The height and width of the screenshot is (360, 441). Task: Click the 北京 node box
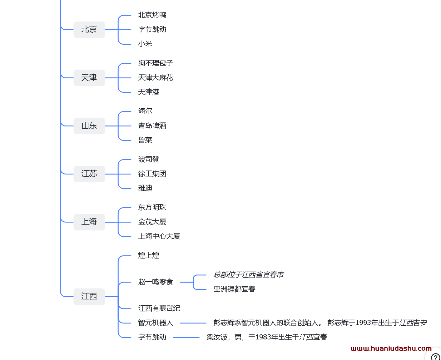point(89,30)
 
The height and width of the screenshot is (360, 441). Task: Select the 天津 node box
point(89,78)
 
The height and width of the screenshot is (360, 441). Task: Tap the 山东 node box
point(89,126)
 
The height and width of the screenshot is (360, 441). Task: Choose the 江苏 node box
point(89,174)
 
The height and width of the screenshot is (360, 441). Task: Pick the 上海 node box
point(89,222)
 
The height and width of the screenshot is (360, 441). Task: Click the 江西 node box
point(89,296)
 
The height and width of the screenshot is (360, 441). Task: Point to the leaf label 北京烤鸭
point(152,15)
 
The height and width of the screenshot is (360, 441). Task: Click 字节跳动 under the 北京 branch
point(152,29)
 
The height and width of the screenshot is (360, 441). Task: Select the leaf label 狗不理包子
point(156,63)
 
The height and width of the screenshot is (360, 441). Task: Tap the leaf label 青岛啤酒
point(152,126)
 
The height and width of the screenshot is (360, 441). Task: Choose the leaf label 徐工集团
point(152,174)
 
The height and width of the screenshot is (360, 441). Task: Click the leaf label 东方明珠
point(152,207)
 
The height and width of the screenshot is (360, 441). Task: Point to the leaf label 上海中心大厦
point(159,236)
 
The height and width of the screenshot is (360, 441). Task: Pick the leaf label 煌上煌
point(149,255)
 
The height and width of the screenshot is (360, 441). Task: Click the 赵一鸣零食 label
point(156,282)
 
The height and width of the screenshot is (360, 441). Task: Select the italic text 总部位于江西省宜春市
point(248,275)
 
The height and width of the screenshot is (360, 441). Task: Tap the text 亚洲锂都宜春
point(234,289)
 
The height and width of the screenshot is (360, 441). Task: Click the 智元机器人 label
point(156,323)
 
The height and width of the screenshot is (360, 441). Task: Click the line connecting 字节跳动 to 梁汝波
point(186,338)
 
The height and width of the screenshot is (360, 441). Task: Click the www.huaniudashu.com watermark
point(391,348)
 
